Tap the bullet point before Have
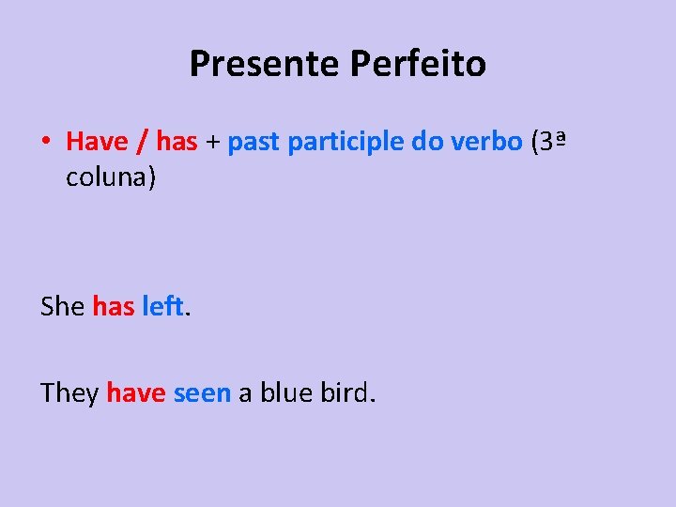[45, 143]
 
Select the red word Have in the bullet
[97, 142]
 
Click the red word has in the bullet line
[177, 142]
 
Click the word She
[63, 306]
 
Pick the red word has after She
[113, 306]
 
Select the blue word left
[162, 306]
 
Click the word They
[69, 393]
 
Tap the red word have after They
[136, 393]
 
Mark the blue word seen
[202, 393]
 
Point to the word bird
[347, 393]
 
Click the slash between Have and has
[142, 142]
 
